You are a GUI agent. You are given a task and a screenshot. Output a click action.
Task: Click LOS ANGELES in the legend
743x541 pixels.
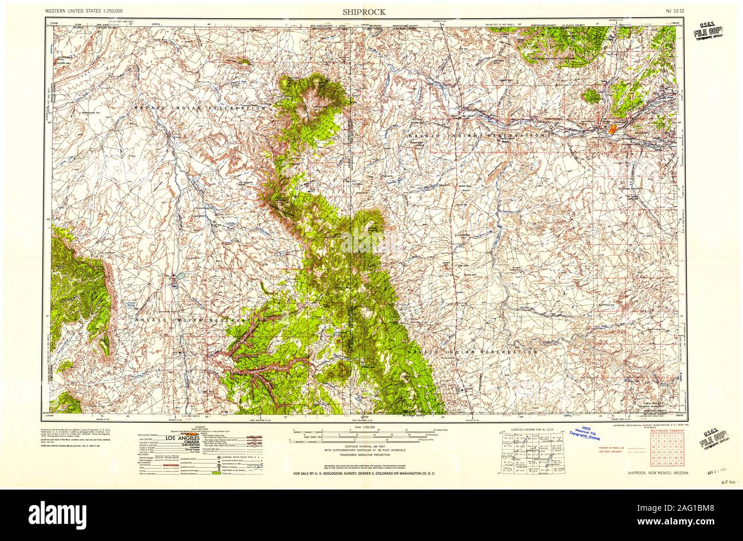183,438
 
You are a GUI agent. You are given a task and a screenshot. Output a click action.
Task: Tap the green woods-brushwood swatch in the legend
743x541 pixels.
216,473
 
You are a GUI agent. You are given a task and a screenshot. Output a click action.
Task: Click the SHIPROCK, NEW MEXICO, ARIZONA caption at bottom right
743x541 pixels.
657,474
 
